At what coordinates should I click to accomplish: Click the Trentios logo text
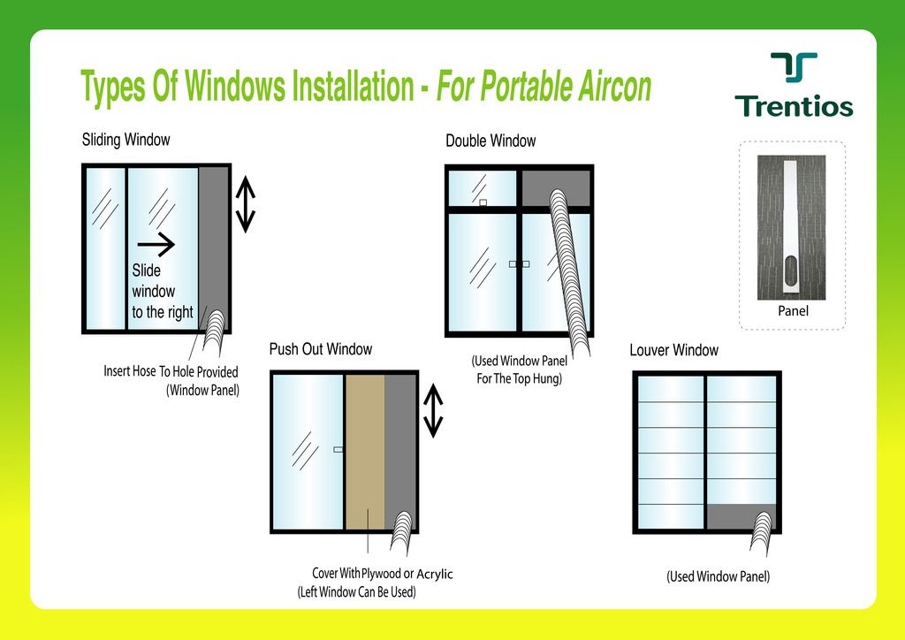794,106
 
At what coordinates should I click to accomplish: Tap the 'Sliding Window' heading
125,140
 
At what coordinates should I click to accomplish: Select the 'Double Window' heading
491,141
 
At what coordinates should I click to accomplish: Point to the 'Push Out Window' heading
320,349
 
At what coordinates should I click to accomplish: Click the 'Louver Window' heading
673,350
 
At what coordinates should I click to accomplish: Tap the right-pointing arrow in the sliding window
156,245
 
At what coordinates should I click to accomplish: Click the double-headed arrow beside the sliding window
246,204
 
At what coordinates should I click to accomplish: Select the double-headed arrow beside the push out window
433,411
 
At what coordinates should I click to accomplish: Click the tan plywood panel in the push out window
365,452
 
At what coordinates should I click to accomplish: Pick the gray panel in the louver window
734,516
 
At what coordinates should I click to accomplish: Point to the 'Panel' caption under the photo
793,311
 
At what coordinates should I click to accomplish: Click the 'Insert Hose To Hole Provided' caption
171,371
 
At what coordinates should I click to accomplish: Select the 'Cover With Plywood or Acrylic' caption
382,574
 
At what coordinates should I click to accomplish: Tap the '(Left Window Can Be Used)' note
357,592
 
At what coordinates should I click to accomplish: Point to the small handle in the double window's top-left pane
483,202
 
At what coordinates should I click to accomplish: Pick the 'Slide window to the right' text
163,292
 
